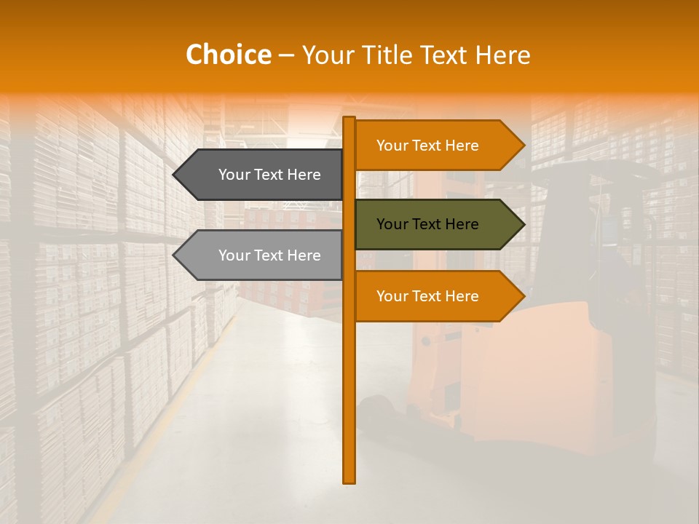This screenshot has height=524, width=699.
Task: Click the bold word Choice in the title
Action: coord(228,55)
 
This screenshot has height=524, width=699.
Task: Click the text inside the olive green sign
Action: coord(427,224)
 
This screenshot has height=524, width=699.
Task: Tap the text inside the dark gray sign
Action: coord(269,175)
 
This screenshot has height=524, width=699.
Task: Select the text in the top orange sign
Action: coord(427,146)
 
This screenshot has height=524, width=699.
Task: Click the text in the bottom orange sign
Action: coord(427,296)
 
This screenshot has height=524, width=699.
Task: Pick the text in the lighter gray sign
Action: coord(269,255)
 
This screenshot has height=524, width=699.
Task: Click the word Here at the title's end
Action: coord(502,55)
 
